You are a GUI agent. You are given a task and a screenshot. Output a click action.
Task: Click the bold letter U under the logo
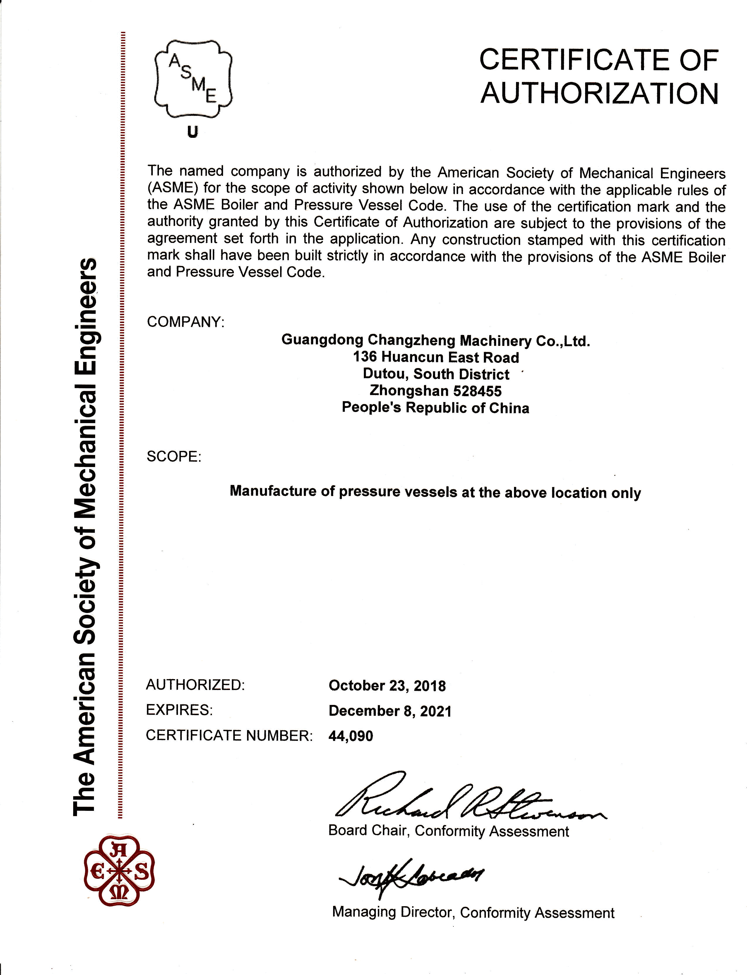[193, 132]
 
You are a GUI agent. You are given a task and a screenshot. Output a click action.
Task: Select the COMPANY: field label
[185, 322]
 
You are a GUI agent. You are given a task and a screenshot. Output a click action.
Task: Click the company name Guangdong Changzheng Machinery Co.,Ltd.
[436, 341]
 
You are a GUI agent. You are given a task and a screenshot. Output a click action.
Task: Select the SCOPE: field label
[174, 456]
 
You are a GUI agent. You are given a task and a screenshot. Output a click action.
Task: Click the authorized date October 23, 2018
[387, 686]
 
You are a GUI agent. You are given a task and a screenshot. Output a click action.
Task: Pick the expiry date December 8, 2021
[390, 711]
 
